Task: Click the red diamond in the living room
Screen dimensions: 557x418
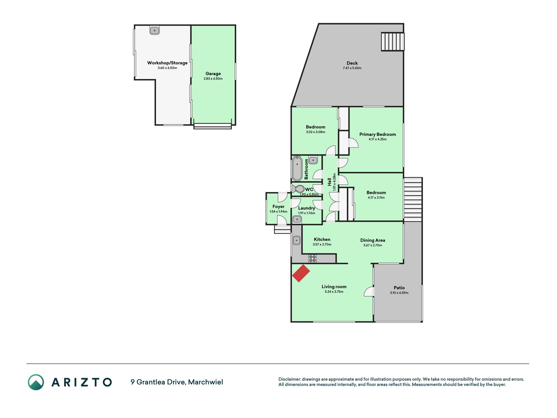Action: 301,273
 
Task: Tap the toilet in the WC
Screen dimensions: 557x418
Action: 298,189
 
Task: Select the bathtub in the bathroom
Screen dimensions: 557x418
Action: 297,169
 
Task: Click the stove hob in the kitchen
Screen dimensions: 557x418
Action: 312,259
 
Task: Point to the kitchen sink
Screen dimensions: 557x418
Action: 296,240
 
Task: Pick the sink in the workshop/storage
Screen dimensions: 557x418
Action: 154,30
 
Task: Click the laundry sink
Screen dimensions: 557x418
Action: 297,219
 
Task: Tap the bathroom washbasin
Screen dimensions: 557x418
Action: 313,160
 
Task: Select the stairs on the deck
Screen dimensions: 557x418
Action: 393,41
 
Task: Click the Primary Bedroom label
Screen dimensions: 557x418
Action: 378,134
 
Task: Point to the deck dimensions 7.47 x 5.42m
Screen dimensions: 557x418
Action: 352,68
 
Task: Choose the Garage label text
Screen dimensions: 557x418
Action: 213,73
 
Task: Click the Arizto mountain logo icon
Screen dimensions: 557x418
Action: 36,382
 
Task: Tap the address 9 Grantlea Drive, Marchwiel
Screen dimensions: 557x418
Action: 177,382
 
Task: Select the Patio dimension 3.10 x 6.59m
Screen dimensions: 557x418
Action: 399,293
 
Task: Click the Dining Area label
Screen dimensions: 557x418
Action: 373,240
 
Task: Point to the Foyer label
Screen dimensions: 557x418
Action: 278,206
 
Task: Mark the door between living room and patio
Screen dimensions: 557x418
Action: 369,292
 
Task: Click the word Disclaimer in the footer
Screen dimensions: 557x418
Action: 289,379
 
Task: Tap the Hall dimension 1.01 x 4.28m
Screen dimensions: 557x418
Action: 334,182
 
